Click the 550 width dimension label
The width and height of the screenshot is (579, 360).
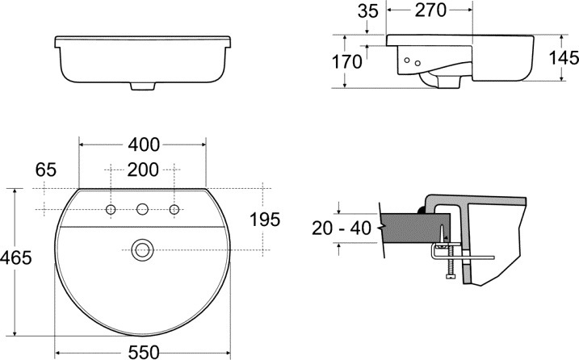[x=144, y=352]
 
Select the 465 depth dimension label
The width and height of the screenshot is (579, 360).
[x=16, y=257]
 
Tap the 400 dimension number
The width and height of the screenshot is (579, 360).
[x=144, y=144]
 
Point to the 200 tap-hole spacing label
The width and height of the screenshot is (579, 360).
[x=143, y=170]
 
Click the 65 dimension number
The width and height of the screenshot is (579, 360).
[x=46, y=170]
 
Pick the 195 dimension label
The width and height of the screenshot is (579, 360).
[x=265, y=220]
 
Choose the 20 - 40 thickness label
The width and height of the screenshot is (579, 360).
[x=342, y=228]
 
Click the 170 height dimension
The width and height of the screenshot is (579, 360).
[x=347, y=62]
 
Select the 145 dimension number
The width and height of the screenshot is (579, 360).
[x=564, y=58]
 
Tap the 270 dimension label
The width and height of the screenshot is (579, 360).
[x=430, y=10]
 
